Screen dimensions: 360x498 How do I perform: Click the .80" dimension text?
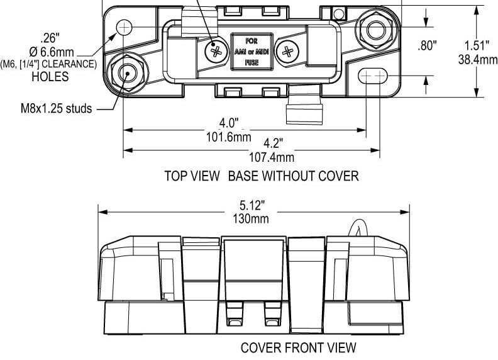click(x=428, y=46)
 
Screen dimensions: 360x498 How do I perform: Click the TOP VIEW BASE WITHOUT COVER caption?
click(x=261, y=176)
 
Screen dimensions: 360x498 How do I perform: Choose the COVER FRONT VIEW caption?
click(x=299, y=347)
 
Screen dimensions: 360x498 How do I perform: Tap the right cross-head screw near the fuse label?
click(x=287, y=50)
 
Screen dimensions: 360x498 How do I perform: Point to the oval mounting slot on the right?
click(x=375, y=76)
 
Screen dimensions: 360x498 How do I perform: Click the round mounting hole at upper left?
click(x=125, y=26)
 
